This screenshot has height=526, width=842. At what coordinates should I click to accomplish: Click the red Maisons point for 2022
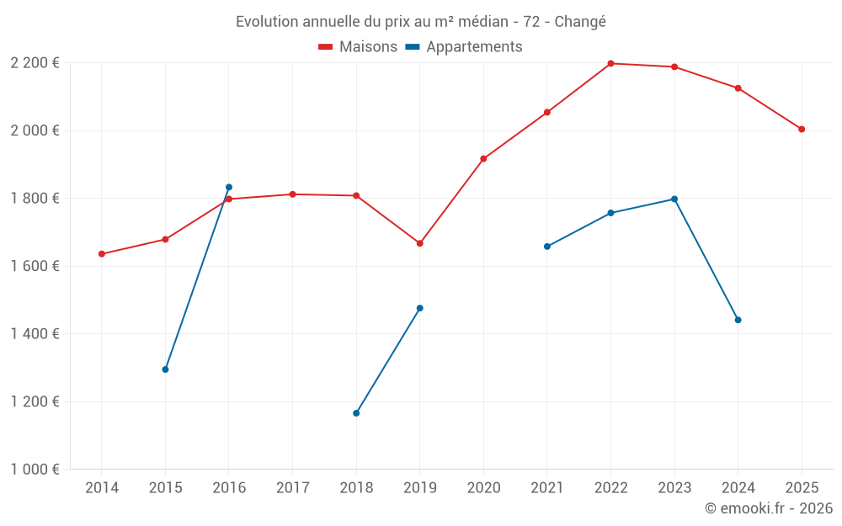610,63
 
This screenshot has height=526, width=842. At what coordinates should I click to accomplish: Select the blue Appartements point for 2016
229,188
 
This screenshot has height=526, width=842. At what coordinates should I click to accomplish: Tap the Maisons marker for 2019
420,243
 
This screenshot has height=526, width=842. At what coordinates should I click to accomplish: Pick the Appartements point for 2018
356,413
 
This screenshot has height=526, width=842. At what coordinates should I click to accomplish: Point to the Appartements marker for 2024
738,320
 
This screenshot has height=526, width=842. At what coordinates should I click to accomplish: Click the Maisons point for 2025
802,130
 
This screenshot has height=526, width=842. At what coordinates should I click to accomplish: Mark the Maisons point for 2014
102,254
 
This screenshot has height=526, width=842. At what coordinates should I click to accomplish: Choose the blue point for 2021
547,247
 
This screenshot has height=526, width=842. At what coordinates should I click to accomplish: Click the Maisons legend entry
358,46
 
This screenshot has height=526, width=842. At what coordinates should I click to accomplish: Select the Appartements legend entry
463,46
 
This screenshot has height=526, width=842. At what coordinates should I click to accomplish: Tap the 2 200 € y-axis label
35,63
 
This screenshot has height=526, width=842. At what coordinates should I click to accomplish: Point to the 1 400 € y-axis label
35,334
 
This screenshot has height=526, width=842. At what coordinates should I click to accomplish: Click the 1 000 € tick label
35,470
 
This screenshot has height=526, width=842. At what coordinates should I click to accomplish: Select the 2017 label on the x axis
293,487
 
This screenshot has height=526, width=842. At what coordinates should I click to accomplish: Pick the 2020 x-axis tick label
483,487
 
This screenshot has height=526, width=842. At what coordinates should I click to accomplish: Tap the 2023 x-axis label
674,487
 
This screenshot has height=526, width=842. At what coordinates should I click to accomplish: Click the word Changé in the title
580,22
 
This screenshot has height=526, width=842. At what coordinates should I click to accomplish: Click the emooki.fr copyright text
769,507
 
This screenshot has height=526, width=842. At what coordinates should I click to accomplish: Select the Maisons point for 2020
483,159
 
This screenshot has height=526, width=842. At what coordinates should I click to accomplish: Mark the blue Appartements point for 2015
165,369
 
